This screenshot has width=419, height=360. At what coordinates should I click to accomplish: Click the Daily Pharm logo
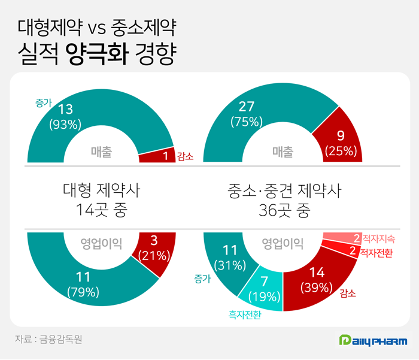click(372, 341)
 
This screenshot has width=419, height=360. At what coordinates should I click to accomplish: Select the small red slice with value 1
click(156, 156)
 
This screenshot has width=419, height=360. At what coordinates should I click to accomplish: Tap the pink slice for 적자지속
click(341, 238)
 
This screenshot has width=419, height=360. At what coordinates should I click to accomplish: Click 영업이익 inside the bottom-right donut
click(283, 244)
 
